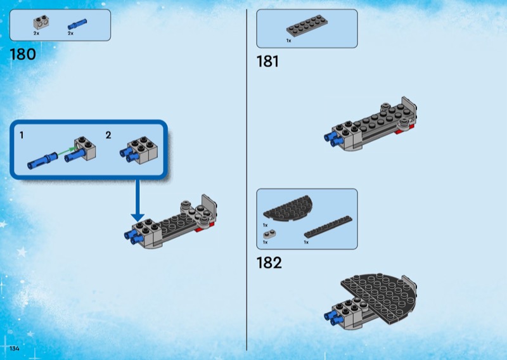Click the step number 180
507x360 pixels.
click(23, 55)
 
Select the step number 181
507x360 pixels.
click(267, 61)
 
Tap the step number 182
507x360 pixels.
click(269, 262)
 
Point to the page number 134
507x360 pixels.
click(15, 348)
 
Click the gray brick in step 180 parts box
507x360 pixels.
click(41, 22)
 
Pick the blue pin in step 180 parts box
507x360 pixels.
click(77, 24)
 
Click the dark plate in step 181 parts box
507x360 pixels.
click(307, 25)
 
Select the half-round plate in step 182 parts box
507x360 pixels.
click(288, 209)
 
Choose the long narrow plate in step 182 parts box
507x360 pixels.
click(328, 227)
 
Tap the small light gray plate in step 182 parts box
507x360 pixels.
click(269, 234)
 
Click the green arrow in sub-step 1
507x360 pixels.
click(67, 151)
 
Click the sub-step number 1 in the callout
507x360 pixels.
click(22, 135)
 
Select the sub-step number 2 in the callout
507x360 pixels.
click(108, 135)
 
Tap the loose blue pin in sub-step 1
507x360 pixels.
click(42, 160)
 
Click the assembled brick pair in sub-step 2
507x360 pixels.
click(139, 151)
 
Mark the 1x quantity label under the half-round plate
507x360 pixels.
click(265, 225)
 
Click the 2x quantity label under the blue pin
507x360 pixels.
click(70, 34)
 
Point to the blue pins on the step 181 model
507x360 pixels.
click(333, 138)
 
